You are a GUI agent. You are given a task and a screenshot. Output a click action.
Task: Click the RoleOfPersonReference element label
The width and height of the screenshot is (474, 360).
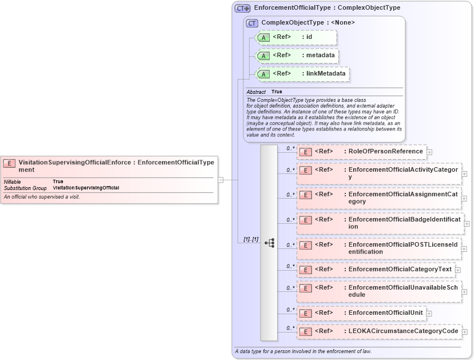tap(385, 151)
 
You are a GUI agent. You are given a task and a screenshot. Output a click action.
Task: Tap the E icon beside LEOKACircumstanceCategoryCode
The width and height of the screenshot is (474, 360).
tap(306, 331)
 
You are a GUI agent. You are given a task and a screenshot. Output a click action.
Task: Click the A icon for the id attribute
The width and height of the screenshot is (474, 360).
tap(263, 37)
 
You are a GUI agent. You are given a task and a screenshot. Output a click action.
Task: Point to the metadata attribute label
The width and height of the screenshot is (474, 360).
tap(319, 55)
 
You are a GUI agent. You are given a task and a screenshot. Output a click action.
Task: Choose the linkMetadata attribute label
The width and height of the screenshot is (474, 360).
tap(324, 73)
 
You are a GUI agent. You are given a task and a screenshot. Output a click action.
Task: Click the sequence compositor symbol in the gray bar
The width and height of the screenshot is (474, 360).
tap(269, 243)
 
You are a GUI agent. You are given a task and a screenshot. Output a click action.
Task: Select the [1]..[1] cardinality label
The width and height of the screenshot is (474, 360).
tap(251, 239)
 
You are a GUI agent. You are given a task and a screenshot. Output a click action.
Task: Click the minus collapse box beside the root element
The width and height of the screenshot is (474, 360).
tap(220, 180)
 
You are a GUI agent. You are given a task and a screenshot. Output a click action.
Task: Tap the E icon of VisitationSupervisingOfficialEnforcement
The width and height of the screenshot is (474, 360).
tap(9, 163)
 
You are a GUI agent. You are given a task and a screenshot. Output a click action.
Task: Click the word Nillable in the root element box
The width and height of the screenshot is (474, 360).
tap(13, 181)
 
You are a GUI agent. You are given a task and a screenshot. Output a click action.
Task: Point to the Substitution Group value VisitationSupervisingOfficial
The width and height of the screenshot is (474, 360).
tap(86, 188)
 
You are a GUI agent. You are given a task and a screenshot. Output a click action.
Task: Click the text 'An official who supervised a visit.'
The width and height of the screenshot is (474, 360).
tap(42, 197)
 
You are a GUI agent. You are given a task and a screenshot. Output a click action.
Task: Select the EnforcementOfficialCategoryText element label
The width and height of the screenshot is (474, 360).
tap(400, 269)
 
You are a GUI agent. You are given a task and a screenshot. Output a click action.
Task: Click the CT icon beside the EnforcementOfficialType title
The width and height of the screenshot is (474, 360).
tap(242, 8)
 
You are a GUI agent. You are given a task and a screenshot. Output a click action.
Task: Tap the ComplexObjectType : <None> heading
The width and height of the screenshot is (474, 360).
tap(308, 22)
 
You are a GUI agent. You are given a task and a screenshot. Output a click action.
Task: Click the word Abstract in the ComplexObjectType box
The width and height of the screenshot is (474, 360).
tap(256, 92)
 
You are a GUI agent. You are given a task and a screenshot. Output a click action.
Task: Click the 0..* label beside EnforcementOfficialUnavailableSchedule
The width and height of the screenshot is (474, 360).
tap(290, 288)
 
